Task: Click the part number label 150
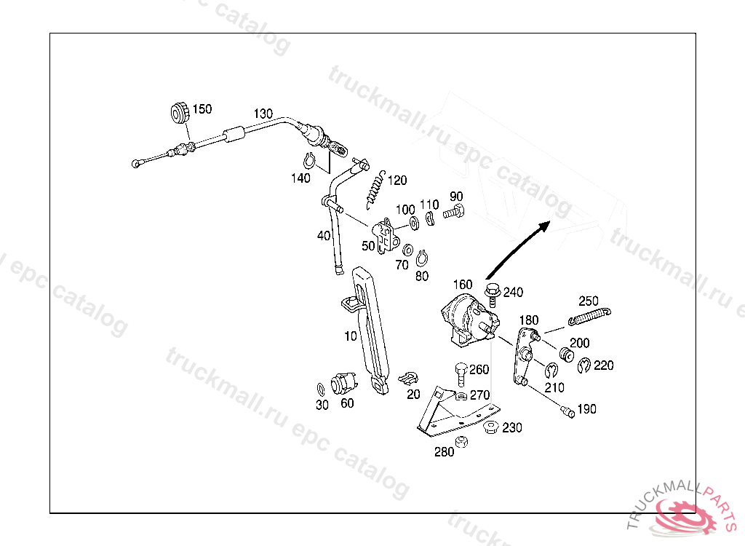(x=202, y=109)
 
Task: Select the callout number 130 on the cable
(x=263, y=114)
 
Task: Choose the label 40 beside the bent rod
(x=324, y=236)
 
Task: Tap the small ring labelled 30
(x=322, y=387)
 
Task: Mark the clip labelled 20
(x=409, y=378)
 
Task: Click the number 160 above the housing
(x=463, y=285)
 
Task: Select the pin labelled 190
(x=567, y=412)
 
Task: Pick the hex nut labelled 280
(x=460, y=441)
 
